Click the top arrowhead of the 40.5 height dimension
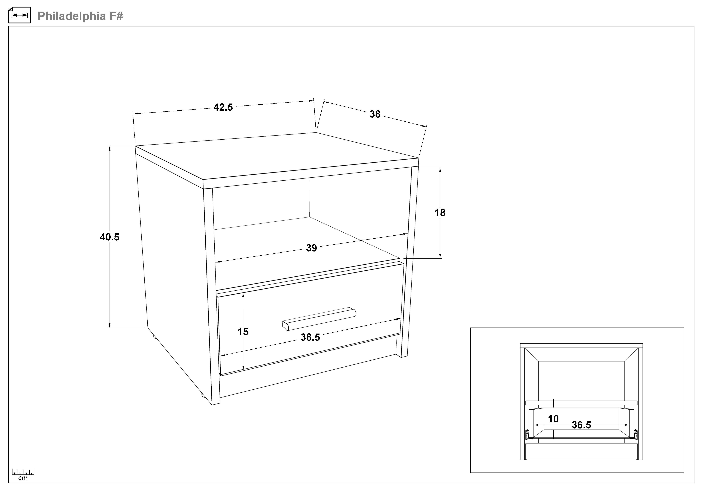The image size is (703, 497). point(109,147)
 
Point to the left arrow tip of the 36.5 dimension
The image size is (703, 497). point(534,425)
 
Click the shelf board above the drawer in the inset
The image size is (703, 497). point(581,403)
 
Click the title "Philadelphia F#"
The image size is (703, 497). point(80,16)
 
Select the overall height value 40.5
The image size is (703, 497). point(109,237)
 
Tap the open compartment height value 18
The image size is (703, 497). point(440,213)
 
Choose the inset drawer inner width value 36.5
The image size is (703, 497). point(581,425)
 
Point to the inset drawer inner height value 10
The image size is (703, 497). point(553,419)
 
